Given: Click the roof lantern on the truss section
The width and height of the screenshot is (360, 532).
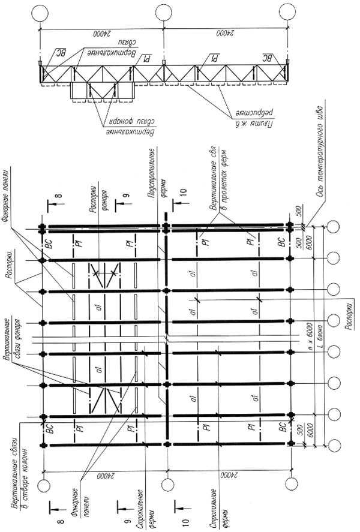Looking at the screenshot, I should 102,90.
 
